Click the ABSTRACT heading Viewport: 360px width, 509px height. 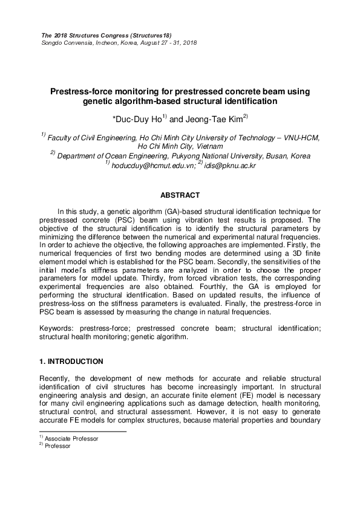[180, 196]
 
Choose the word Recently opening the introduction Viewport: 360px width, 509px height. [58, 378]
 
